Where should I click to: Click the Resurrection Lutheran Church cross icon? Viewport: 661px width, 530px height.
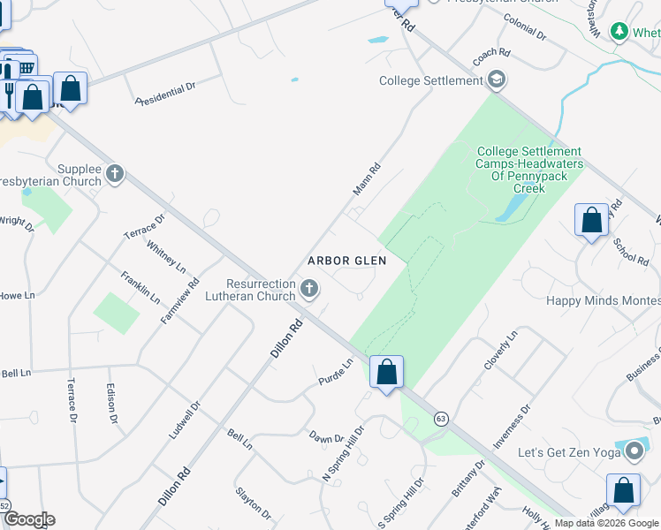(x=309, y=288)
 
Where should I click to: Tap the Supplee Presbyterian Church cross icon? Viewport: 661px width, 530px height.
(x=115, y=174)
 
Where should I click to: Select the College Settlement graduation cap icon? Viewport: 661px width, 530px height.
(x=496, y=81)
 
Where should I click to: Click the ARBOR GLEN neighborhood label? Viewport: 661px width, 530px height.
(x=347, y=261)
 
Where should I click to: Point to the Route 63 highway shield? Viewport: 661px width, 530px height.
(x=441, y=418)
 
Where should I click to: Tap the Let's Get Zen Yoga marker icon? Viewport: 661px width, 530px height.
(x=634, y=452)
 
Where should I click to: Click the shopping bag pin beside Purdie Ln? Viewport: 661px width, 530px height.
(x=386, y=373)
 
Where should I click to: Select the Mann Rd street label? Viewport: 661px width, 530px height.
(x=366, y=179)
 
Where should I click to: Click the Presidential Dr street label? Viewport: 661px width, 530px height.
(x=165, y=94)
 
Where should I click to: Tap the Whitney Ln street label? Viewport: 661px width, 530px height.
(x=166, y=256)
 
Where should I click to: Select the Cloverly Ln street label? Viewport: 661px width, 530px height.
(x=499, y=352)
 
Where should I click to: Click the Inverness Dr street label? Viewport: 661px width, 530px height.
(x=513, y=428)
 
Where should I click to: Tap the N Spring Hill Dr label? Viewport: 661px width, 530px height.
(x=344, y=454)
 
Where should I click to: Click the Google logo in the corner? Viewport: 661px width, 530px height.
(x=28, y=519)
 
